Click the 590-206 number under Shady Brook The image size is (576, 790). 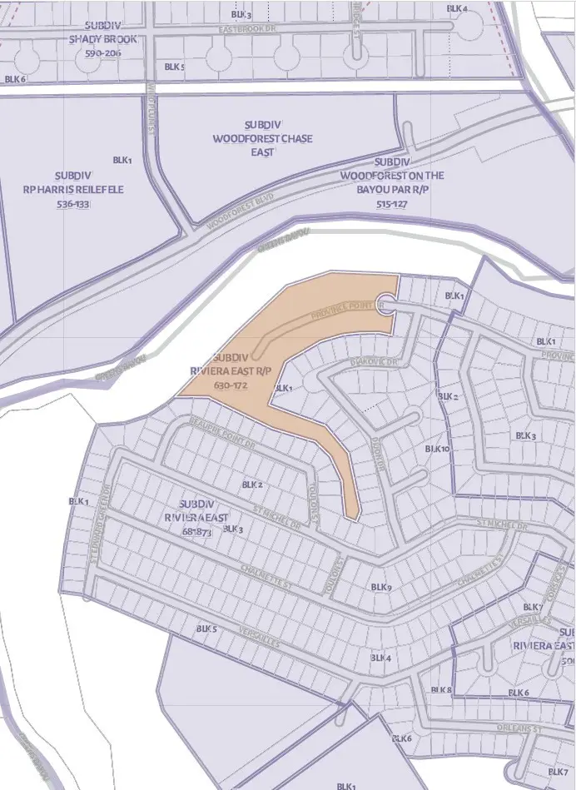[x=103, y=53]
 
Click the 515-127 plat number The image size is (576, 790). [x=392, y=203]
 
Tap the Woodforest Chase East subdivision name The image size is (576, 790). [x=263, y=139]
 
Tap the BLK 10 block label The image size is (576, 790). [x=437, y=449]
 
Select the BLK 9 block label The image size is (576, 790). [x=381, y=588]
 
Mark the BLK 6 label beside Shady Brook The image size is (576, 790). [x=16, y=79]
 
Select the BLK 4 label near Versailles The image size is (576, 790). [x=380, y=658]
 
